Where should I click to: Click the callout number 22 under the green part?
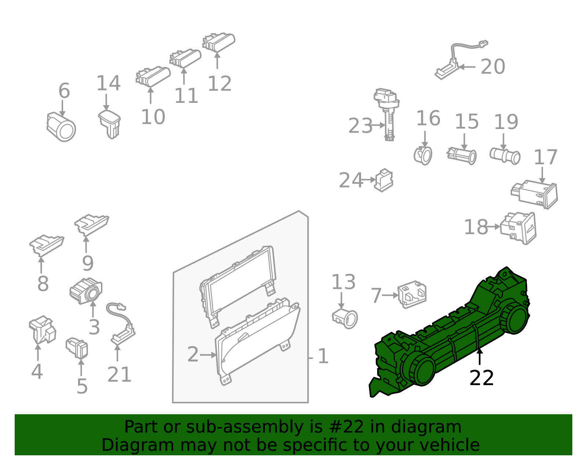[x=482, y=378]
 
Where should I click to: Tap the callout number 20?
[x=493, y=67]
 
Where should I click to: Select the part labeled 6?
[x=61, y=127]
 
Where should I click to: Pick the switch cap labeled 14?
[x=109, y=124]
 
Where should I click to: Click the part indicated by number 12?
[x=219, y=43]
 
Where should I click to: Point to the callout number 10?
[x=153, y=117]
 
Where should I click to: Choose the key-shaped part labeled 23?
[x=387, y=114]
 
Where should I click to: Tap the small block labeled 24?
[x=384, y=180]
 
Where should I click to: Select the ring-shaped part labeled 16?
[x=423, y=155]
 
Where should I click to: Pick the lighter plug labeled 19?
[x=505, y=156]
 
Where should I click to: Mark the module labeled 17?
[x=534, y=194]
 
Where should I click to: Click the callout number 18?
[x=476, y=227]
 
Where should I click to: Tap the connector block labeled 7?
[x=412, y=295]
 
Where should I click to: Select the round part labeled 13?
[x=345, y=319]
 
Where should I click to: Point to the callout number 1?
[x=323, y=356]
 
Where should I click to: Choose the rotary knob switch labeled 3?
[x=86, y=291]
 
